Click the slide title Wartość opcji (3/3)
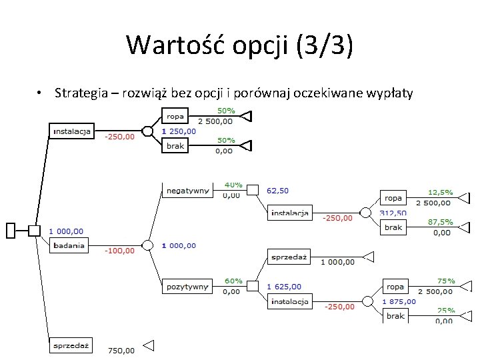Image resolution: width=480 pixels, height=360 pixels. pyautogui.click(x=239, y=45)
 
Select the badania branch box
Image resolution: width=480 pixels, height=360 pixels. pyautogui.click(x=69, y=245)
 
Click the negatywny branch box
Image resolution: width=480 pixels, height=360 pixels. pyautogui.click(x=187, y=190)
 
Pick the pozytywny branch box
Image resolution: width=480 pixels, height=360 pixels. pyautogui.click(x=187, y=287)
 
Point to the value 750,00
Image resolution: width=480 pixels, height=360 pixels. pyautogui.click(x=121, y=351)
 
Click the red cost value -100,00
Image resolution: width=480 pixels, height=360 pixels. pyautogui.click(x=119, y=251)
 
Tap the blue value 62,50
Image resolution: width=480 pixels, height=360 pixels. pyautogui.click(x=277, y=190)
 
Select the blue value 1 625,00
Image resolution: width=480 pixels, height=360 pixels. pyautogui.click(x=284, y=287)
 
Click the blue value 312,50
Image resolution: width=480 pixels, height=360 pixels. pyautogui.click(x=393, y=213)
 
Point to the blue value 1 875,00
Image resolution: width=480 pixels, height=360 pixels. pyautogui.click(x=399, y=301)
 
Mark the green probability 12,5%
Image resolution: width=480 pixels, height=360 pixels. pyautogui.click(x=440, y=191)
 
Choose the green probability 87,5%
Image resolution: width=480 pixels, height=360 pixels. pyautogui.click(x=440, y=222)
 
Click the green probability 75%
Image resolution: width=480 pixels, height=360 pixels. pyautogui.click(x=445, y=281)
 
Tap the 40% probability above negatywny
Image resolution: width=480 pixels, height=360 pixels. pyautogui.click(x=233, y=184)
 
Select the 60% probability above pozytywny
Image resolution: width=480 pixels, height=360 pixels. pyautogui.click(x=233, y=281)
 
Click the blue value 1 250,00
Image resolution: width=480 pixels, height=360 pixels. pyautogui.click(x=179, y=131)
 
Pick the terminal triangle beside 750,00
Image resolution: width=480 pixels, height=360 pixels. pyautogui.click(x=149, y=345)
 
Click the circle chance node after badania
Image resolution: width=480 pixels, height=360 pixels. pyautogui.click(x=147, y=245)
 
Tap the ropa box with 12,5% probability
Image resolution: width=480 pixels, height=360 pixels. pyautogui.click(x=393, y=197)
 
